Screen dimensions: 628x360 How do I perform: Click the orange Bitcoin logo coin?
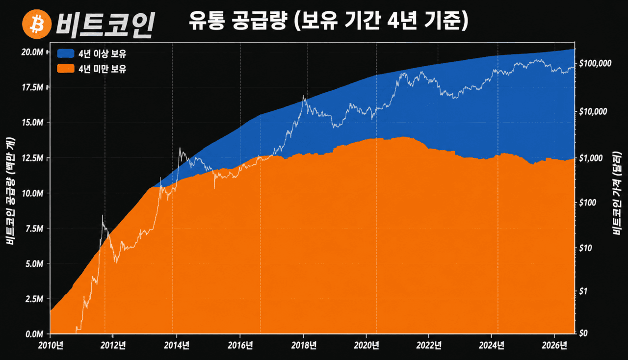pos(37,24)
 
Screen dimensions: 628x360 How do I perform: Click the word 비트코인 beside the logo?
pos(105,25)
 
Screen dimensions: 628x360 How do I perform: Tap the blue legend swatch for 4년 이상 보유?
pos(66,53)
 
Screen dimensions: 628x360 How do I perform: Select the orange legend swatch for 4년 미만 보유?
pos(66,68)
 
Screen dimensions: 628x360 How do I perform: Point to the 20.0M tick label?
pos(32,52)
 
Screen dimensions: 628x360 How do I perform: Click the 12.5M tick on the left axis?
pos(32,158)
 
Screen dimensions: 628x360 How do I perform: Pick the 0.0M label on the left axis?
pos(34,334)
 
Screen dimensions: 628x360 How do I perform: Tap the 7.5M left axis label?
pos(34,229)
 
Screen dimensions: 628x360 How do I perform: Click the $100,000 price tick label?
pos(595,63)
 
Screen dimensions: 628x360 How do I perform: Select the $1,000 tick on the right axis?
pos(591,158)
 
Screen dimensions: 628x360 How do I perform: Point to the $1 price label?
pos(583,292)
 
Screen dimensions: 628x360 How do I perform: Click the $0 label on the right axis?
pos(583,333)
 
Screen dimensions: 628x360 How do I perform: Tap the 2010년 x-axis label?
pos(51,345)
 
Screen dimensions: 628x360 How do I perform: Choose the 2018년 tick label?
pos(304,345)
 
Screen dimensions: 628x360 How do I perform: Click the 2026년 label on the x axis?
pos(554,345)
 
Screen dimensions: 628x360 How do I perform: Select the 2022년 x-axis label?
pos(429,345)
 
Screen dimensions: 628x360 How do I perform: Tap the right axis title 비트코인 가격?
pos(617,193)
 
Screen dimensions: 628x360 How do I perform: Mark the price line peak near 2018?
pos(303,96)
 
